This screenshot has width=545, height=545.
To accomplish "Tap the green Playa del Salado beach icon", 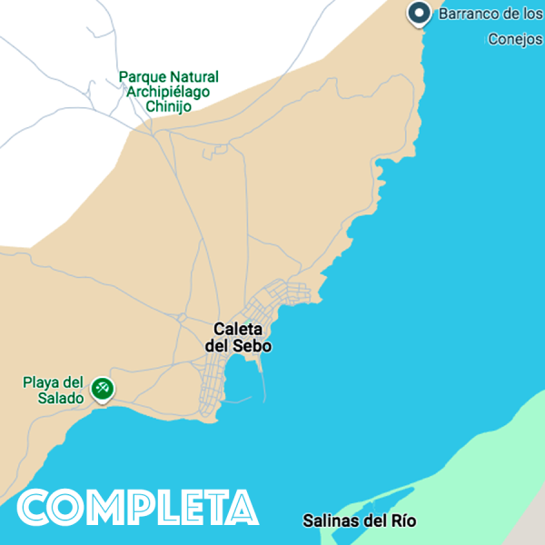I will click(103, 390).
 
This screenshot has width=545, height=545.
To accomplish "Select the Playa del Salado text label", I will click(54, 390).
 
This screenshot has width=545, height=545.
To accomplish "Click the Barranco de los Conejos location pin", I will click(419, 14).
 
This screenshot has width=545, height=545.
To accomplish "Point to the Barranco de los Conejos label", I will click(490, 25).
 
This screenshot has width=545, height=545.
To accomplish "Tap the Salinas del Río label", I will click(359, 520).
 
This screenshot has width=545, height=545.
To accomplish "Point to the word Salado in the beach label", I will click(61, 398).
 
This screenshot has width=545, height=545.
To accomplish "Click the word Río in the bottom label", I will click(401, 520).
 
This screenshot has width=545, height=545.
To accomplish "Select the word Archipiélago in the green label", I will click(168, 92).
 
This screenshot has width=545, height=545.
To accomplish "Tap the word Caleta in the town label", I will click(238, 329).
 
